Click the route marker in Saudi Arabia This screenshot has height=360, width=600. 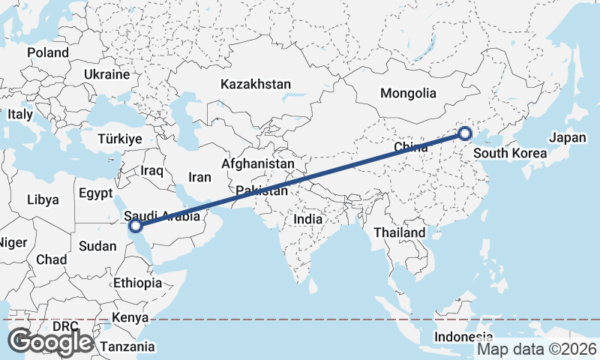(x=135, y=225)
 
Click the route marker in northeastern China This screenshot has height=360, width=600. (x=465, y=134)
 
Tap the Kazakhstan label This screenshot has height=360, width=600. (x=255, y=85)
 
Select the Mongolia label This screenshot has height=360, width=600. (x=408, y=94)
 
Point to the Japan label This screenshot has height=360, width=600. (x=566, y=138)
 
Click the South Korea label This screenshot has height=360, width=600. (x=511, y=154)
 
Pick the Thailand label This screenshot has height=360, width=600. (x=400, y=232)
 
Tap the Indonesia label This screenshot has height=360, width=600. (x=466, y=336)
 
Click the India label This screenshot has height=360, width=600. (x=307, y=220)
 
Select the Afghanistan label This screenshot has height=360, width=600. (x=258, y=163)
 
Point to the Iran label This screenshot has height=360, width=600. (x=199, y=178)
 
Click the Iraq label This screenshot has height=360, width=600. (x=151, y=171)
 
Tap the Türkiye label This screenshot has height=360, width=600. (x=120, y=139)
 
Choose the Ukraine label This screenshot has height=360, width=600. (x=107, y=75)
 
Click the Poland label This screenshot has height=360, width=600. (x=48, y=53)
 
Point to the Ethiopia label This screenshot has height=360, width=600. (x=137, y=283)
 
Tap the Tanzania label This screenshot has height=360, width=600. (x=129, y=347)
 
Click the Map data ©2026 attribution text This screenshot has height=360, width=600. (x=537, y=349)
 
